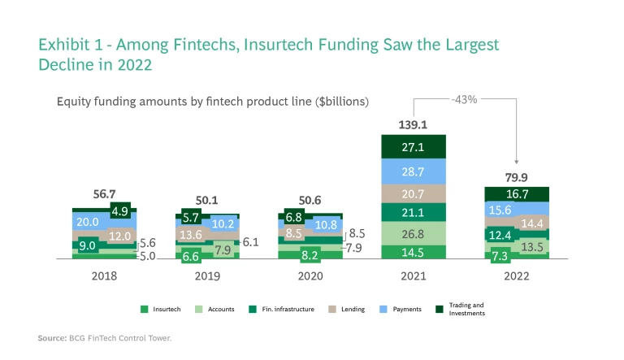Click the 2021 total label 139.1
click(x=414, y=125)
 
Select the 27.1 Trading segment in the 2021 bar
click(x=414, y=146)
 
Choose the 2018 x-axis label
click(x=104, y=275)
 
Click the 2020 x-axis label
click(x=310, y=275)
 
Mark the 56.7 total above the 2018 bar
click(x=104, y=196)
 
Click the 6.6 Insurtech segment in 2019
click(x=191, y=256)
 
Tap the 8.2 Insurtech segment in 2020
click(x=310, y=254)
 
